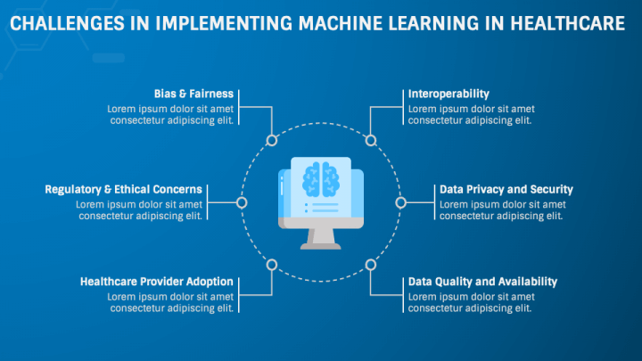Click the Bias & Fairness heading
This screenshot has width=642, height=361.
[x=193, y=94]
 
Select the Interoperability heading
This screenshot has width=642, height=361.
[x=449, y=94]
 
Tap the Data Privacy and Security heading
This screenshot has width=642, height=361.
[x=506, y=190]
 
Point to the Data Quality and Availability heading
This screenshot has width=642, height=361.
[x=482, y=282]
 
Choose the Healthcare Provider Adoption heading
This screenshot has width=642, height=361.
[x=156, y=282]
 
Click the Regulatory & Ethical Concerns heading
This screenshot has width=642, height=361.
[x=123, y=190]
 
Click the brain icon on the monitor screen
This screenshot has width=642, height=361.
[x=321, y=179]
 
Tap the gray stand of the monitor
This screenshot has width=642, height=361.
[x=321, y=239]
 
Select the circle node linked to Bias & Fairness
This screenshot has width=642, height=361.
[x=271, y=141]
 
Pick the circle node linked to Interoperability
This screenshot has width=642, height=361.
[x=371, y=141]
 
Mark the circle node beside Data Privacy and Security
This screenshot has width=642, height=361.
[x=401, y=202]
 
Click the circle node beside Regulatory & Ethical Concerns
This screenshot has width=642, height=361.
[x=242, y=202]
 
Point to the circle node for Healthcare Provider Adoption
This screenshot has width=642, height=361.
[x=271, y=265]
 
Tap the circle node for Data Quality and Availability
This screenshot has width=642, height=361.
[x=371, y=265]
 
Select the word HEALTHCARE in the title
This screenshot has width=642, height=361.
[x=567, y=23]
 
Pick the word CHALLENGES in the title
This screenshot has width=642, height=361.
[x=67, y=23]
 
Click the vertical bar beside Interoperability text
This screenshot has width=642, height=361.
[x=403, y=107]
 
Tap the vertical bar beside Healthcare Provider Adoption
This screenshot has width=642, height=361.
[x=239, y=295]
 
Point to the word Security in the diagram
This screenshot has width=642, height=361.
[x=552, y=190]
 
